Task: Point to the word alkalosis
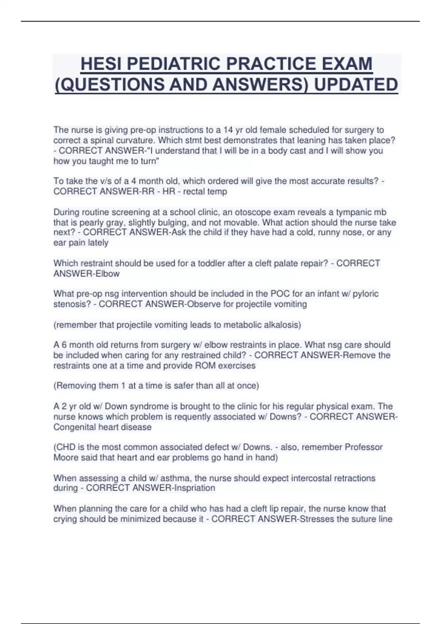[x=282, y=325]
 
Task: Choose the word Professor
[x=363, y=447]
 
